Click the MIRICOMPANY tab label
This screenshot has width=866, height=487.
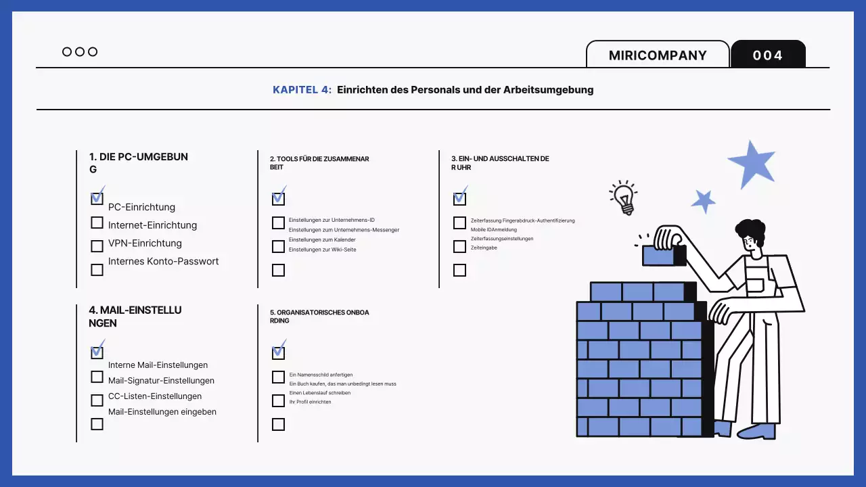point(658,55)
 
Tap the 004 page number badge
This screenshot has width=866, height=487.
point(768,55)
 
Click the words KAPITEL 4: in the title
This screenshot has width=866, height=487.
point(302,89)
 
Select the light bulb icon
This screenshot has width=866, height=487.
point(623,198)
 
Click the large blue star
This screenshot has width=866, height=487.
point(752,164)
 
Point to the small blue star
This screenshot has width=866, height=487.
point(704,201)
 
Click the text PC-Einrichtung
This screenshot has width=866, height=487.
point(141,207)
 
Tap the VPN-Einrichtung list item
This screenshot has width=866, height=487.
point(145,243)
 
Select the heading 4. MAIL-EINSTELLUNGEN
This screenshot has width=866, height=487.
point(135,317)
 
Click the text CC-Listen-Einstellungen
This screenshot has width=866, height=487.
point(155,396)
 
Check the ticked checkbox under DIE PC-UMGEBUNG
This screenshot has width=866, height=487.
point(97,198)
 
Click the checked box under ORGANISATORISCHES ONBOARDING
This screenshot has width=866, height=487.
point(278,352)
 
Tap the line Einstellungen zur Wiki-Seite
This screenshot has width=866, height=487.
point(322,250)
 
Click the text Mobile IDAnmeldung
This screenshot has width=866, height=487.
point(494,230)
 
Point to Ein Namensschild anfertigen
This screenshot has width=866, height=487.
point(321,375)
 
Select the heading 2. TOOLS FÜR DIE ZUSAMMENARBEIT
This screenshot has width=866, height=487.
point(319,163)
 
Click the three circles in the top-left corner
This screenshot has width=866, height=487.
point(80,51)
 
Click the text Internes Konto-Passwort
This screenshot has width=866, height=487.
point(163,261)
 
